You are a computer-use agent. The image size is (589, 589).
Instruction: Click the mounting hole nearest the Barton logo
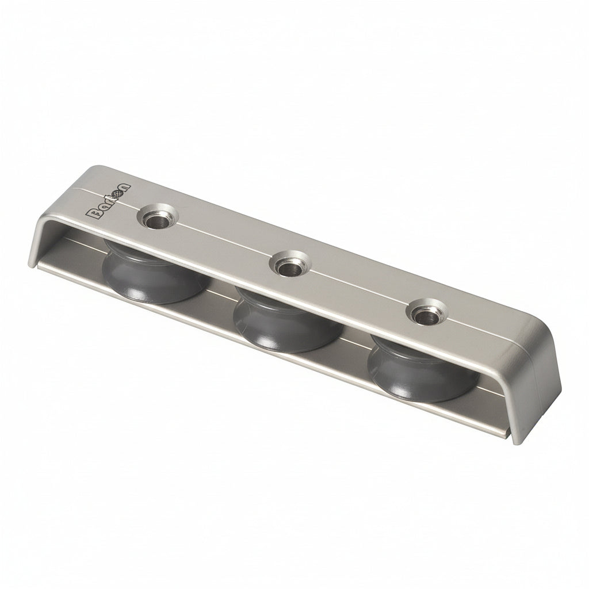(x=155, y=218)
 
